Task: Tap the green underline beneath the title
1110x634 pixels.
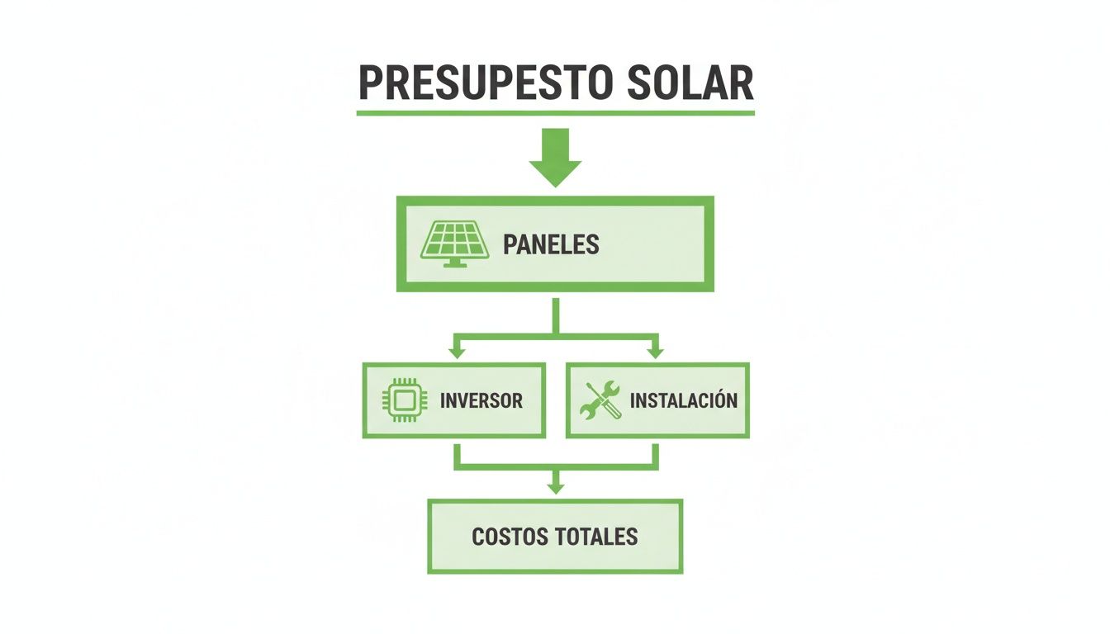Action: pos(555,112)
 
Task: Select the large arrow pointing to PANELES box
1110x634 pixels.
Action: pos(555,157)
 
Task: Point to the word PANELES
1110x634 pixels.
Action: pos(551,244)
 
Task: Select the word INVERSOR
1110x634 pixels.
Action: pos(481,401)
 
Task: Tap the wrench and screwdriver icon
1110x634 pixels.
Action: pos(600,401)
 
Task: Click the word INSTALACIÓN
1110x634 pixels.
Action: pos(684,401)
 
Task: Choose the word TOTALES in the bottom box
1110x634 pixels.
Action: pos(596,537)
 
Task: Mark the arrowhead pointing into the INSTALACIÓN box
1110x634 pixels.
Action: pos(655,352)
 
